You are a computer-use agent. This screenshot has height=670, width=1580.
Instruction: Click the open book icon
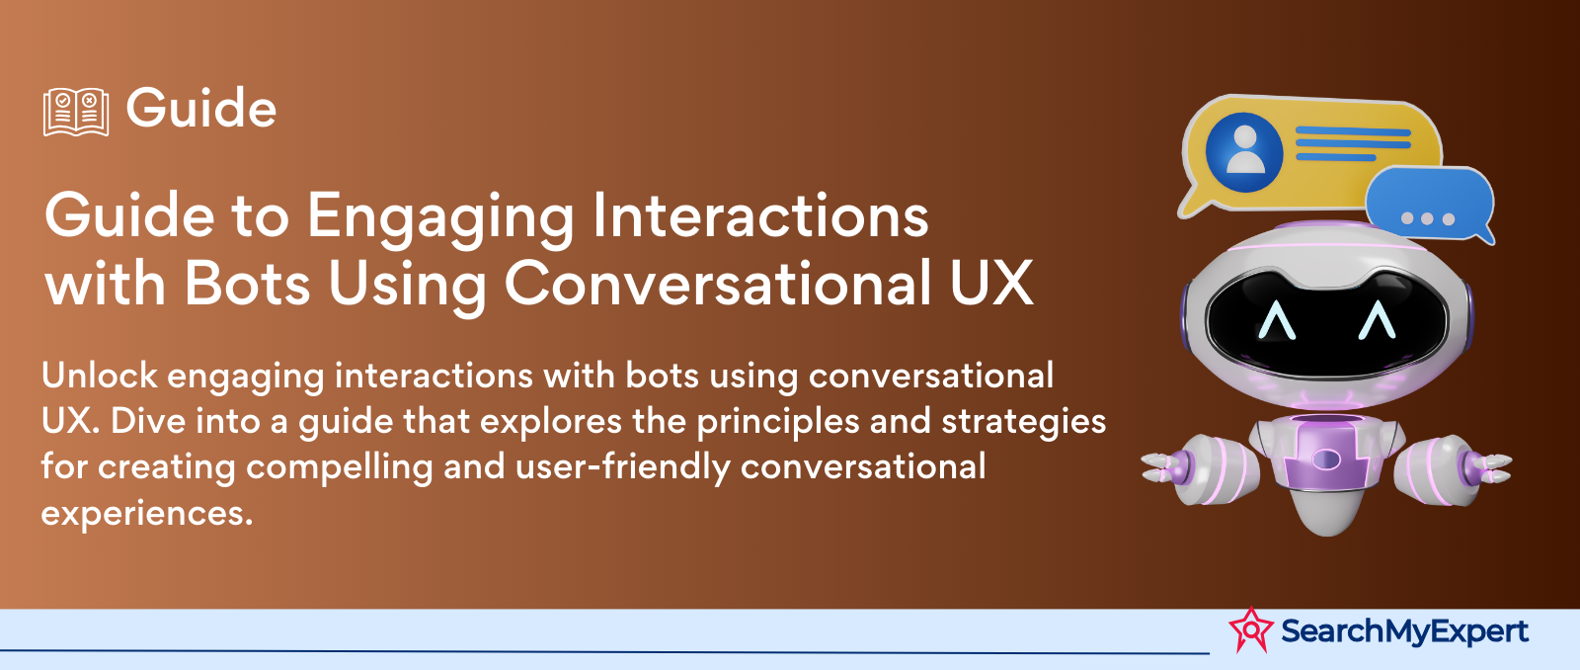tap(75, 112)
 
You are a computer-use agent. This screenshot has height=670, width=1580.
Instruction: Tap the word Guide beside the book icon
tap(201, 109)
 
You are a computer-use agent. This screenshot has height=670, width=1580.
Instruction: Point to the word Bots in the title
tap(247, 283)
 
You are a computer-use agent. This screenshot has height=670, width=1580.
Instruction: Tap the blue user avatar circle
tap(1244, 152)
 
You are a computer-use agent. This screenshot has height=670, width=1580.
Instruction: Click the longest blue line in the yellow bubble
tap(1353, 131)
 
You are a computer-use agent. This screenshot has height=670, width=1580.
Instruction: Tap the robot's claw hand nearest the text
tap(1164, 466)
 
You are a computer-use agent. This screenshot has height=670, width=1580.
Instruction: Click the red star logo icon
tap(1250, 629)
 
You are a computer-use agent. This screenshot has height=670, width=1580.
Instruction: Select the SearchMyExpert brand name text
tap(1404, 631)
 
